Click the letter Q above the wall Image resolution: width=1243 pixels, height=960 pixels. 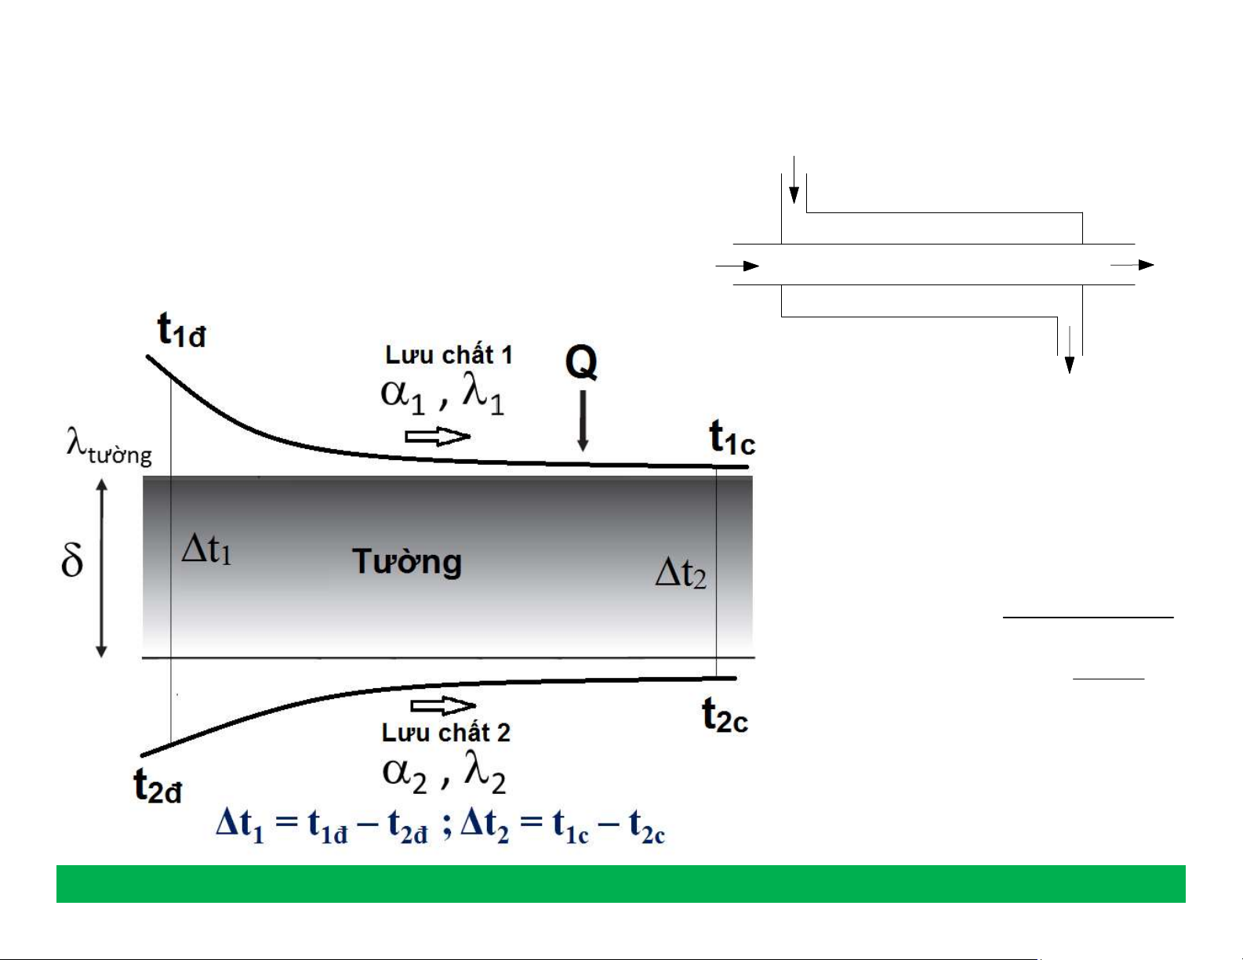coord(581,362)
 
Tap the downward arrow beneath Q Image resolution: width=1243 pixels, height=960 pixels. coord(583,421)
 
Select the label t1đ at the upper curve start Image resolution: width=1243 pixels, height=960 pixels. coord(181,330)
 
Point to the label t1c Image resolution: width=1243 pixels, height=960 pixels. coord(732,437)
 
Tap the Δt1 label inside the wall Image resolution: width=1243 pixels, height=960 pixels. coord(206,549)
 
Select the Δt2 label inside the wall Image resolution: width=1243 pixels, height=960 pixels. coord(681,573)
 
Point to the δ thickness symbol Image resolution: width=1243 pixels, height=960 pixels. coord(72,560)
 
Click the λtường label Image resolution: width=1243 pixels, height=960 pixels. coord(109,447)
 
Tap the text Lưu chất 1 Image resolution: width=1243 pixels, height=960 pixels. coord(449,355)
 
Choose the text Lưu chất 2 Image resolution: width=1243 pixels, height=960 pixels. coord(445,733)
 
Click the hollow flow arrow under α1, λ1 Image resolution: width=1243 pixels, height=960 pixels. coord(438,437)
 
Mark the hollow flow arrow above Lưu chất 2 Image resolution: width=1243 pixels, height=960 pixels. coord(443,706)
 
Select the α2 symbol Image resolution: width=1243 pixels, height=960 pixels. coord(405,775)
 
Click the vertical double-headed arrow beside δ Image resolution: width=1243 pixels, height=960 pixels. coord(102,568)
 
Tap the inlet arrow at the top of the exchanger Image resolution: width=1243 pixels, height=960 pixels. coord(794,179)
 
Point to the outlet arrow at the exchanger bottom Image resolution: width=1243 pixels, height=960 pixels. coord(1069,350)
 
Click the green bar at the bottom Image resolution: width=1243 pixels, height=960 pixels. coord(620,884)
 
